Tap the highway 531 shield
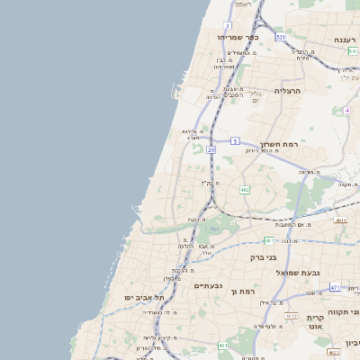tap(280, 37)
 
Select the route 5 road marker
tap(234, 140)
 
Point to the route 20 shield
tap(210, 149)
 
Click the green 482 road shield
tap(245, 190)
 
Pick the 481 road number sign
tap(268, 240)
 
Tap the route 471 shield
tap(334, 287)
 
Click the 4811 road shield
tap(340, 220)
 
